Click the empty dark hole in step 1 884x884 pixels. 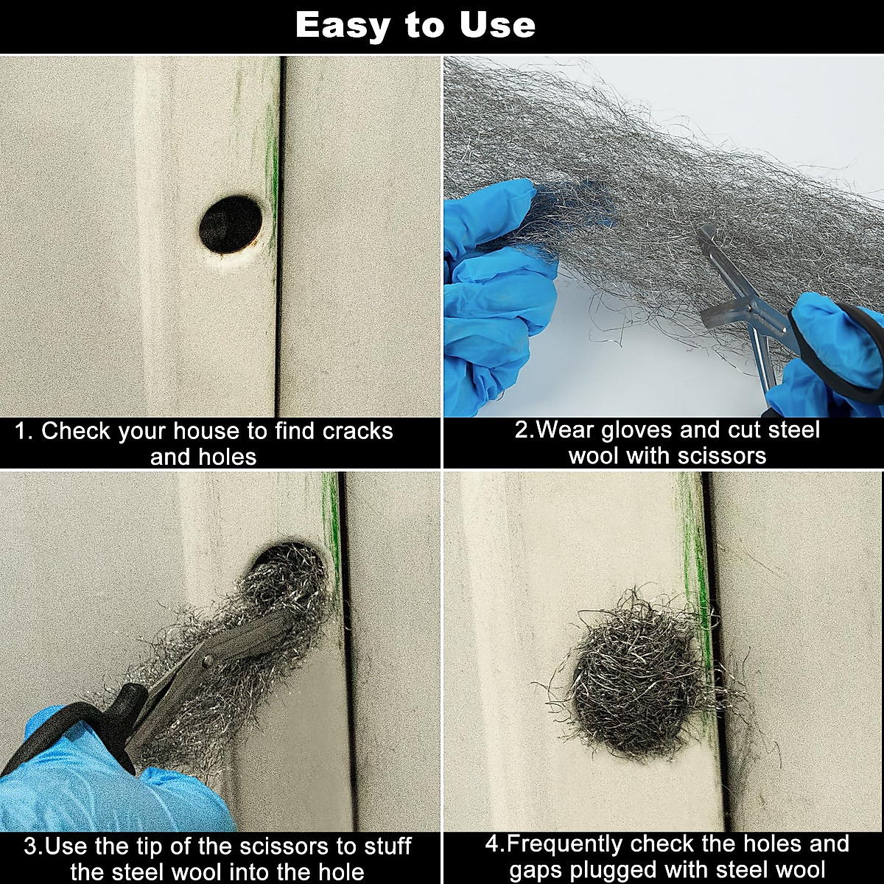(231, 224)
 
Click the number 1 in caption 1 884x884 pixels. (22, 431)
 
